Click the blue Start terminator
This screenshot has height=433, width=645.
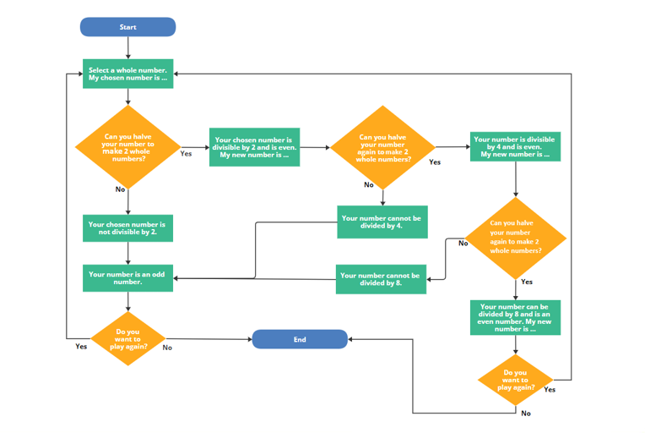[x=127, y=27]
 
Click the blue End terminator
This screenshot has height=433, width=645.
[x=300, y=339]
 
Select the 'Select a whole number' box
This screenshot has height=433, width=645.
[x=127, y=74]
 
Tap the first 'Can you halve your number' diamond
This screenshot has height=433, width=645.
[x=127, y=147]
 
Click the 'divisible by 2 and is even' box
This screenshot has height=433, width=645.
[x=254, y=147]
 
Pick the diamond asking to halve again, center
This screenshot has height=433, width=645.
[x=382, y=147]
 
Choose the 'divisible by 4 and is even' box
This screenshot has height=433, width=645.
[x=515, y=147]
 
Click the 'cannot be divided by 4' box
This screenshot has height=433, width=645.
[x=382, y=222]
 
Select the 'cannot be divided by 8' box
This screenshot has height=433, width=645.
[x=381, y=279]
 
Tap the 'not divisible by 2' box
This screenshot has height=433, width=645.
[x=127, y=227]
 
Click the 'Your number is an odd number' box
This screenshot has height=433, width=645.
[x=127, y=278]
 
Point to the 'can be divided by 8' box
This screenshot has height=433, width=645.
[x=515, y=317]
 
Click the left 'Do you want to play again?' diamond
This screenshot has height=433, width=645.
[x=127, y=339]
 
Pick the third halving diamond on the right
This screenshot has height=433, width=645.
[x=515, y=238]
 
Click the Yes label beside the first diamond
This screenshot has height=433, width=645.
[x=186, y=154]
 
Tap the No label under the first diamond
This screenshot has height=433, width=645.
[x=120, y=189]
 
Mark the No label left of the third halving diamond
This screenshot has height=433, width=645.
[x=463, y=244]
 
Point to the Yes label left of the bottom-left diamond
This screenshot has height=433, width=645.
[x=81, y=346]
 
